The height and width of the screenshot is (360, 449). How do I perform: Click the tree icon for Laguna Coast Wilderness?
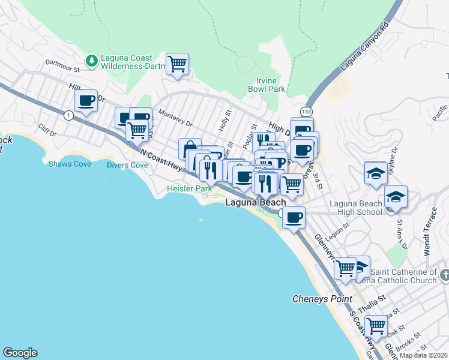[91, 60]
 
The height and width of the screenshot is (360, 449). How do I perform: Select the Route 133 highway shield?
[306, 112]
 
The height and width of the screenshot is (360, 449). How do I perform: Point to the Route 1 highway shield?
[69, 115]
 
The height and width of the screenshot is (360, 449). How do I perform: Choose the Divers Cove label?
[127, 165]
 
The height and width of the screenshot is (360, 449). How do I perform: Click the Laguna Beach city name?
[255, 203]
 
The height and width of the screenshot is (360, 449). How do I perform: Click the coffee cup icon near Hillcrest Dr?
[86, 101]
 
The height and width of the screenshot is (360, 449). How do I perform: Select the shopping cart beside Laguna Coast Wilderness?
[177, 64]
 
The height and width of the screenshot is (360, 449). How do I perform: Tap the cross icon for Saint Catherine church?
[444, 275]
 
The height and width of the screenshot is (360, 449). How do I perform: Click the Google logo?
[20, 353]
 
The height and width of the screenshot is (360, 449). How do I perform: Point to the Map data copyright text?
[423, 355]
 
